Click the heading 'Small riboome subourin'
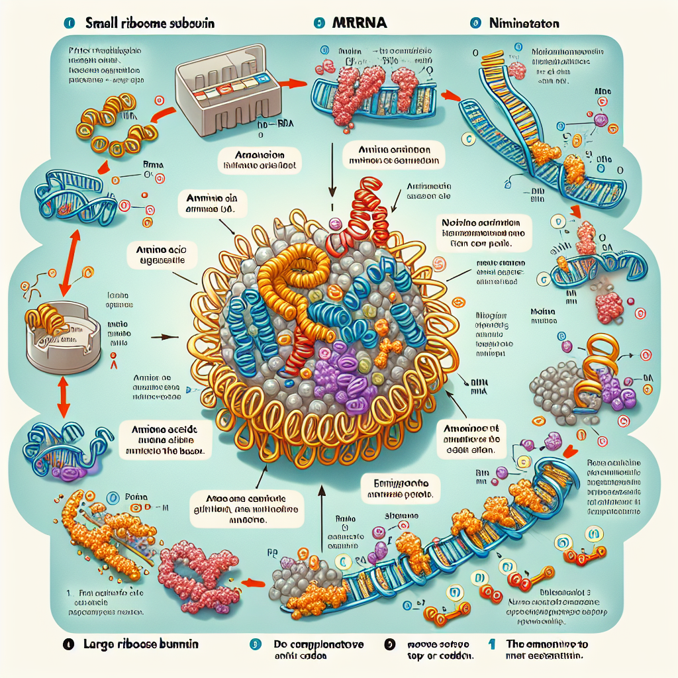[x=150, y=23]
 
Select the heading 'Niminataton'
[x=523, y=23]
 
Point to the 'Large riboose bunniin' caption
[x=141, y=644]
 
